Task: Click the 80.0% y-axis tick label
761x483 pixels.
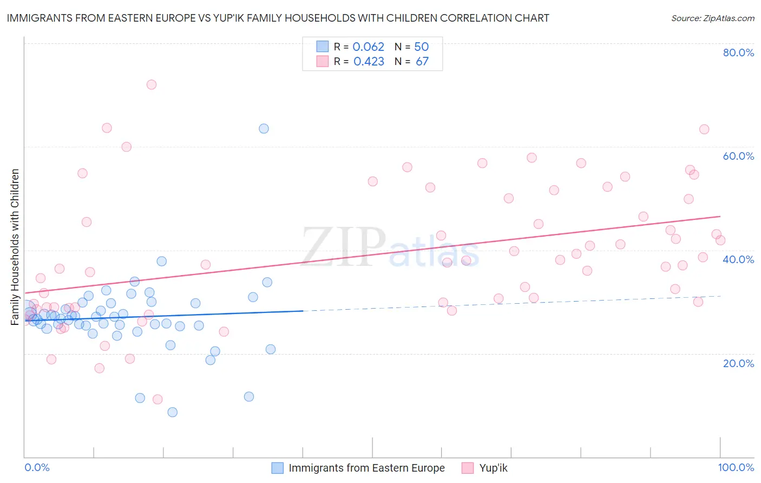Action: tap(738, 53)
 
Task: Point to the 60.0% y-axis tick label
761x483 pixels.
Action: tap(738, 156)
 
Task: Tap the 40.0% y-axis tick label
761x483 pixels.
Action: tap(738, 259)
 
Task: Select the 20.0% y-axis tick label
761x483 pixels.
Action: tap(738, 363)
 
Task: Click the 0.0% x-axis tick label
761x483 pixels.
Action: tap(37, 467)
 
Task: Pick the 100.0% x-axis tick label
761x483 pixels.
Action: tap(736, 467)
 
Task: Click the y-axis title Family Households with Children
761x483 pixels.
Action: tap(15, 247)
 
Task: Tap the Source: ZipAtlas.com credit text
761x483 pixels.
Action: tap(712, 18)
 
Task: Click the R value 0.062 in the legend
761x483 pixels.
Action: tap(368, 47)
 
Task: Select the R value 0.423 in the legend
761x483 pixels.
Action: tap(369, 62)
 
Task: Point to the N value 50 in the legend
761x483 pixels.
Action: tap(421, 47)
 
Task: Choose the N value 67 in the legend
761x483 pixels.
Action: tap(422, 62)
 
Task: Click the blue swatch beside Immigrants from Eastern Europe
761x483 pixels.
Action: tap(278, 468)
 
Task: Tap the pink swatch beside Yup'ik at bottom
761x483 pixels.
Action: tap(468, 468)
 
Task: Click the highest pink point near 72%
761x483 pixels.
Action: tap(152, 84)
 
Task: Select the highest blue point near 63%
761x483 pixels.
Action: tap(264, 128)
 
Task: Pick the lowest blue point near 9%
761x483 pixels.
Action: tap(172, 412)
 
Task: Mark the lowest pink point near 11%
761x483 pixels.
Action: tap(158, 400)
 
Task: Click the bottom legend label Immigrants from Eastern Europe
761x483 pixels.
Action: tap(366, 468)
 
